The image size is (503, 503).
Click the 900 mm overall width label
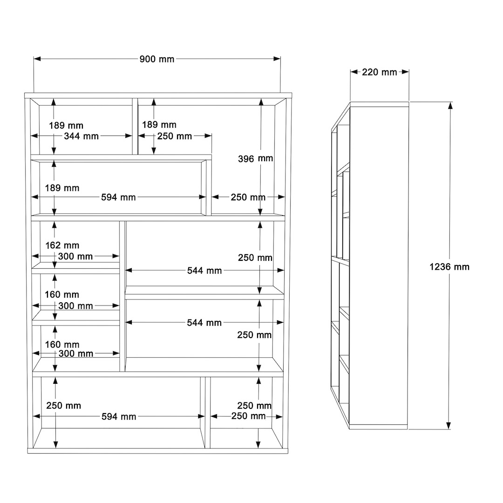coord(157,59)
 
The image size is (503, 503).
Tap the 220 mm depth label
coord(380,72)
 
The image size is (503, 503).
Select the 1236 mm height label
coord(449,266)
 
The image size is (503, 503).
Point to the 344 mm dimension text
coord(81,136)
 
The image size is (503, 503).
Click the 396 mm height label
coord(255,158)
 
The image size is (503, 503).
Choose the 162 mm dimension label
coord(62,245)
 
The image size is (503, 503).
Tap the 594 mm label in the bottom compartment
coord(119,416)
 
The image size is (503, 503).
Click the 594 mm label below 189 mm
coord(118,197)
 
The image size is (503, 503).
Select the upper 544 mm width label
coord(204,271)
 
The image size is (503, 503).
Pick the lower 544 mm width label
coord(204,322)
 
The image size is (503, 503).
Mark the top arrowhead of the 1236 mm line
coord(450,106)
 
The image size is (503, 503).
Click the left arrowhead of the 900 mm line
coord(37,59)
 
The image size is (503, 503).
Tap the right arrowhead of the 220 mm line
coord(405,72)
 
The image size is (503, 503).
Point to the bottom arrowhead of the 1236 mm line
coord(449,425)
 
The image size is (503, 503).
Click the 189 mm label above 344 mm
coord(66,125)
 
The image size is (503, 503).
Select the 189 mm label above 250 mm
coord(159,124)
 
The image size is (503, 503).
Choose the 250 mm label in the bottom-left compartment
coord(63,406)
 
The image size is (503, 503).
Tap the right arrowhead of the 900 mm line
coord(277,59)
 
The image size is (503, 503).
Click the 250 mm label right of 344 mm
coord(175,136)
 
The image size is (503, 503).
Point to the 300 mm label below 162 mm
coord(75,256)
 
